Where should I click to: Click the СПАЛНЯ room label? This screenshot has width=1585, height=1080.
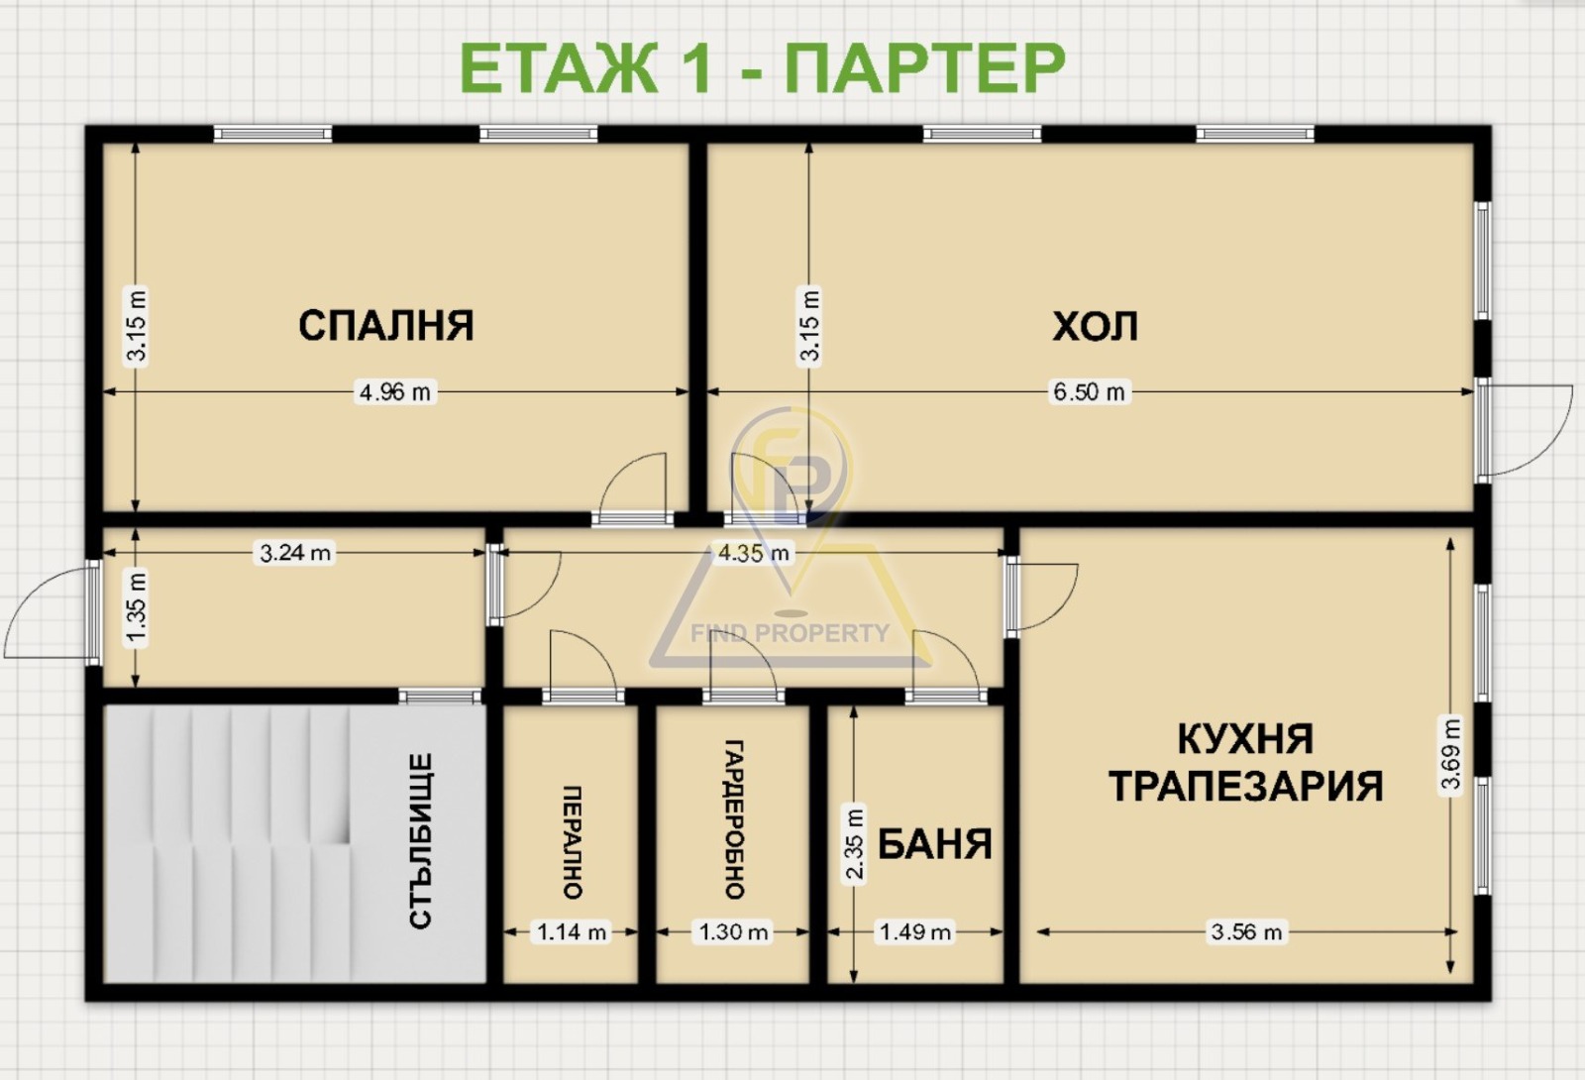click(x=386, y=326)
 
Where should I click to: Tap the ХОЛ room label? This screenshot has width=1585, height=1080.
click(x=1095, y=326)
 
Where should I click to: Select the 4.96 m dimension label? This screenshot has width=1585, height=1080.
click(x=394, y=392)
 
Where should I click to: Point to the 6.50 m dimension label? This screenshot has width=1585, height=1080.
click(x=1089, y=392)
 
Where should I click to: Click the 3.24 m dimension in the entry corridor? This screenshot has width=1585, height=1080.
click(x=295, y=553)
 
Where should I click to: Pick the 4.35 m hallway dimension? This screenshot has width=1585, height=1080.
click(x=754, y=553)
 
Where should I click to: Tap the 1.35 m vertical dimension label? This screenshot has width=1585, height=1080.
click(x=137, y=608)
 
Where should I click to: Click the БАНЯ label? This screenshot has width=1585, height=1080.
click(x=934, y=845)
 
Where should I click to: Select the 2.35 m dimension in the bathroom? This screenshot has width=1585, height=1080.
click(x=854, y=844)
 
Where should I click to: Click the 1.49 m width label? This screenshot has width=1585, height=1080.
click(x=915, y=932)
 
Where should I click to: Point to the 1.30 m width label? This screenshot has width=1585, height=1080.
click(x=733, y=932)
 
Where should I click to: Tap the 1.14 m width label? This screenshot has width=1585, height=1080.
click(x=572, y=932)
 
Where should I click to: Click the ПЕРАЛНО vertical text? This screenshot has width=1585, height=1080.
click(x=573, y=842)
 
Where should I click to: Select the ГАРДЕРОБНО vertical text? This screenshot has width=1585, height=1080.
click(x=734, y=818)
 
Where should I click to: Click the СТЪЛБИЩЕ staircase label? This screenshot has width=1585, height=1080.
click(x=421, y=841)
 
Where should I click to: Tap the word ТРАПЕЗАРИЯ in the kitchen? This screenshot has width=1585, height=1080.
click(x=1245, y=787)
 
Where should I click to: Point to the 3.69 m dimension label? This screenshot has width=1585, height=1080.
click(x=1450, y=754)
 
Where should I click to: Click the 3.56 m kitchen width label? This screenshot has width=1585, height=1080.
click(x=1246, y=932)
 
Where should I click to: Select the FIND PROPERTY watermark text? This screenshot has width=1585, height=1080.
click(x=790, y=633)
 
